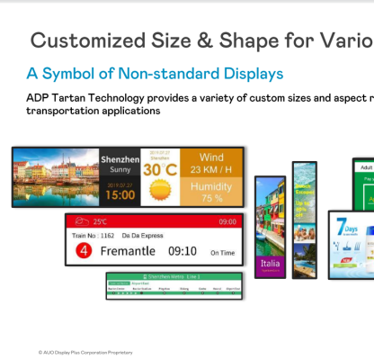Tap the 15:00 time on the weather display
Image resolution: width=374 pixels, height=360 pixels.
119,193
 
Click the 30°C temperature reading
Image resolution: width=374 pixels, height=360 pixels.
158,169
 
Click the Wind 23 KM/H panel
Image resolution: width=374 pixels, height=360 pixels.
213,163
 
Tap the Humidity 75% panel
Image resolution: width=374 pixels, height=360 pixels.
213,192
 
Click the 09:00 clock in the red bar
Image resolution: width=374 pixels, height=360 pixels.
227,221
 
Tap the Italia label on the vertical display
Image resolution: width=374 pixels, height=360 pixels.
270,264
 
